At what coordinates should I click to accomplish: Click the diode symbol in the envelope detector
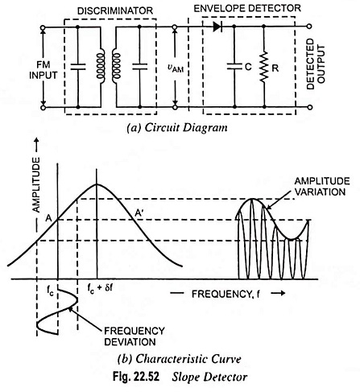(x=217, y=27)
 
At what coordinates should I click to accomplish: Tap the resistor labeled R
(x=264, y=67)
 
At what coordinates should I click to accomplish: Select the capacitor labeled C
(x=234, y=66)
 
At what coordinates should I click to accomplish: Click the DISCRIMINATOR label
(x=115, y=10)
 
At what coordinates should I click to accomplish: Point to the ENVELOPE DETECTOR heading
(x=247, y=8)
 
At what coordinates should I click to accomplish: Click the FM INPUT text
(x=43, y=70)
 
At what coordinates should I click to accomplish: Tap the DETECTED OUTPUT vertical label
(x=316, y=64)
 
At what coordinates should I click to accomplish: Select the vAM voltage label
(x=176, y=68)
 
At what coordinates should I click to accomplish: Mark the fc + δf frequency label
(x=100, y=289)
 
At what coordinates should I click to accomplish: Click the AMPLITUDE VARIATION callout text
(x=322, y=187)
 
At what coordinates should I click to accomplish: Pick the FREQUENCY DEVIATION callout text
(x=134, y=336)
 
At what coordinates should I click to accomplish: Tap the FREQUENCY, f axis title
(x=226, y=295)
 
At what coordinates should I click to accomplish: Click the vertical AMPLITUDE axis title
(x=36, y=185)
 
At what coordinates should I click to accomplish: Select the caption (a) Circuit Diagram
(x=177, y=128)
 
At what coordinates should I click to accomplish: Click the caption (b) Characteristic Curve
(x=180, y=359)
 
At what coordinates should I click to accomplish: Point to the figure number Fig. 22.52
(x=136, y=377)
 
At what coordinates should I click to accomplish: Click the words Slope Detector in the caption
(x=209, y=377)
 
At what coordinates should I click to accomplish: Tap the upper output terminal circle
(x=309, y=27)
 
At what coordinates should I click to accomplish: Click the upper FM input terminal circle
(x=43, y=27)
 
